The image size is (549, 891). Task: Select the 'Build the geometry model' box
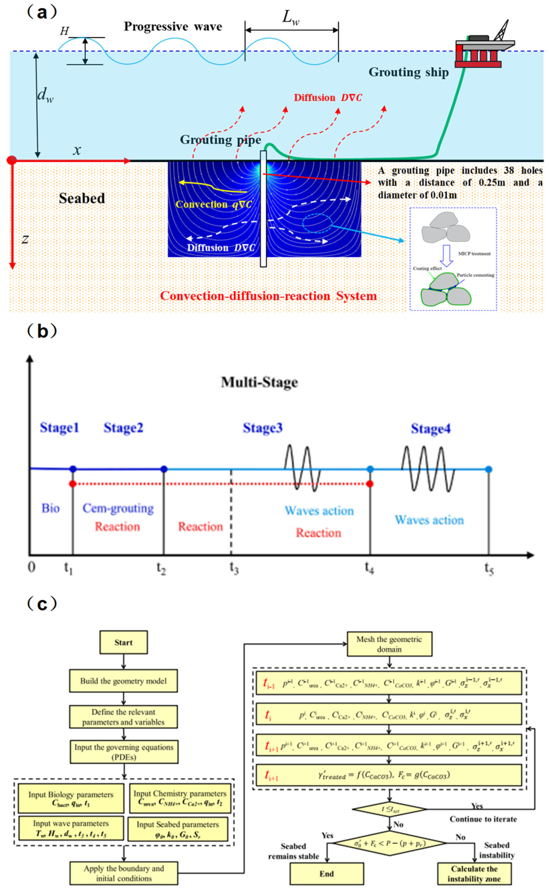pos(124,681)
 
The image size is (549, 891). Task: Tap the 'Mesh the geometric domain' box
pos(389,644)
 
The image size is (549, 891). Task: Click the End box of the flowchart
pos(327,873)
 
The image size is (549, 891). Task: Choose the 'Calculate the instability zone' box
pos(474,873)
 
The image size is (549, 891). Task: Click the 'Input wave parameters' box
pos(71,828)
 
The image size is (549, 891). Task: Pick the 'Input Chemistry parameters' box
pos(180,798)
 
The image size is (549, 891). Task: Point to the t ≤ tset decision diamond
pos(389,809)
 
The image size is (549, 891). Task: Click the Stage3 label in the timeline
pos(262,428)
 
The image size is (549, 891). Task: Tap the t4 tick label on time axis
pos(369,568)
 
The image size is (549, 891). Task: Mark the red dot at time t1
pos(73,484)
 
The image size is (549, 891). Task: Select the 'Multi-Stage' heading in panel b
pos(259,382)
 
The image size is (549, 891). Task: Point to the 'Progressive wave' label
pos(173,27)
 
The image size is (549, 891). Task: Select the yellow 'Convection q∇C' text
pos(213,204)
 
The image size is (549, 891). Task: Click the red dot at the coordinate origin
pos(12,160)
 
